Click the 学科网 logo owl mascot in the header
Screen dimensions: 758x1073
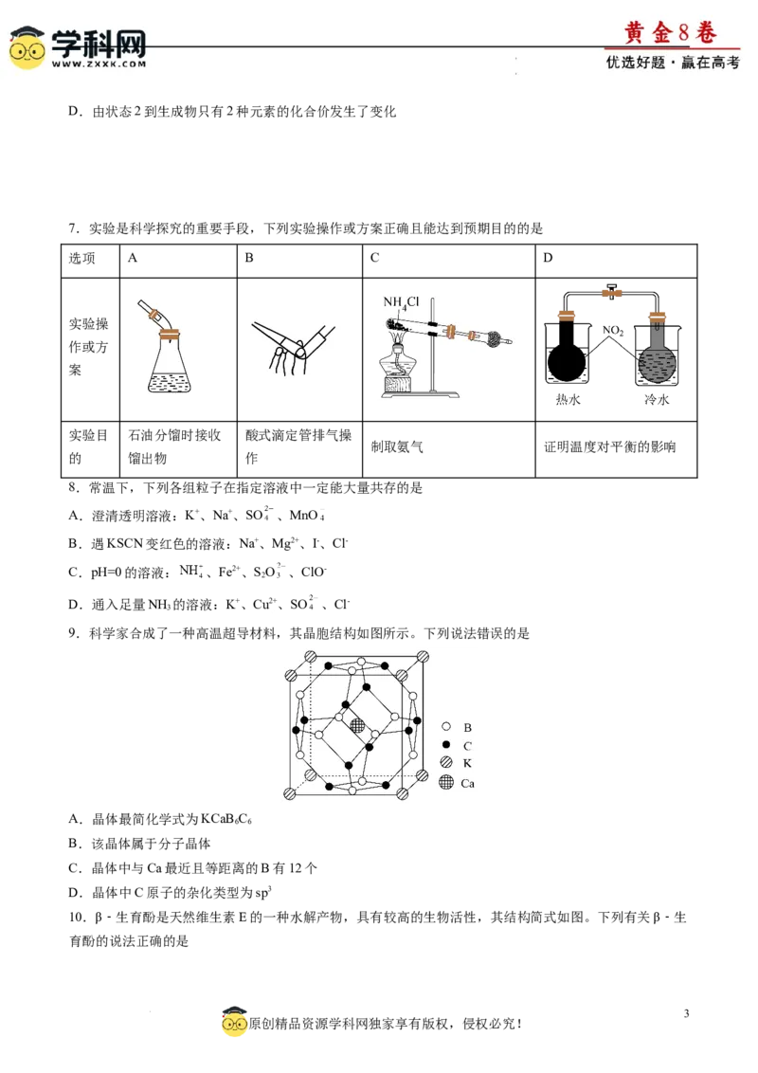[x=27, y=48]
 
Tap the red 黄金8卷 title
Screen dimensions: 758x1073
[x=671, y=32]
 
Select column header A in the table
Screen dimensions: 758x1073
[x=133, y=258]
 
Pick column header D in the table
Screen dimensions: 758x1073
[x=548, y=258]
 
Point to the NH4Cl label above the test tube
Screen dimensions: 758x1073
[x=401, y=302]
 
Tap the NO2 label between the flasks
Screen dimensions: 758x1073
[x=613, y=331]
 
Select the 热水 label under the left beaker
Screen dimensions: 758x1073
[x=568, y=400]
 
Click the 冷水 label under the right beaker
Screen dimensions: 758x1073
[x=656, y=400]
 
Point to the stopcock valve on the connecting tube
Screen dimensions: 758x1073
[x=611, y=292]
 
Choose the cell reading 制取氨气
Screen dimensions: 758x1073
[x=397, y=446]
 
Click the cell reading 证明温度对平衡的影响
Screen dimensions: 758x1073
[x=609, y=446]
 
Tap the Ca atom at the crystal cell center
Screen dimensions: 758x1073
[x=358, y=725]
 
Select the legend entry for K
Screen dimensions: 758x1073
[x=457, y=763]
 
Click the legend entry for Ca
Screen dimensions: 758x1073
[x=457, y=783]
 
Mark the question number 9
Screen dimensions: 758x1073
[x=74, y=634]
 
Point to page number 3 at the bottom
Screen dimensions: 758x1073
[x=686, y=1013]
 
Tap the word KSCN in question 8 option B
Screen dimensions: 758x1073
[x=124, y=544]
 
